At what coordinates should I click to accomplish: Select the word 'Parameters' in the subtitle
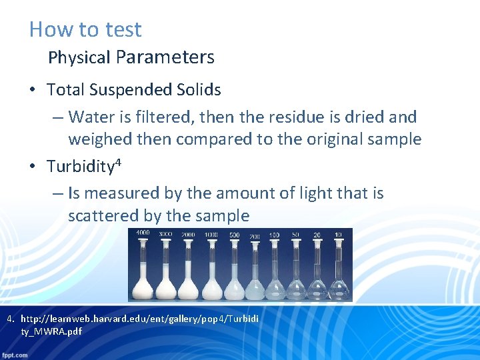point(165,57)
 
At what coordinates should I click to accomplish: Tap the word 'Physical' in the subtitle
point(79,58)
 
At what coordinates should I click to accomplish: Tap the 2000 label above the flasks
point(187,235)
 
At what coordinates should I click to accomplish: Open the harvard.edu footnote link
point(140,319)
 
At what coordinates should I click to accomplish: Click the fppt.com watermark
point(15,355)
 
